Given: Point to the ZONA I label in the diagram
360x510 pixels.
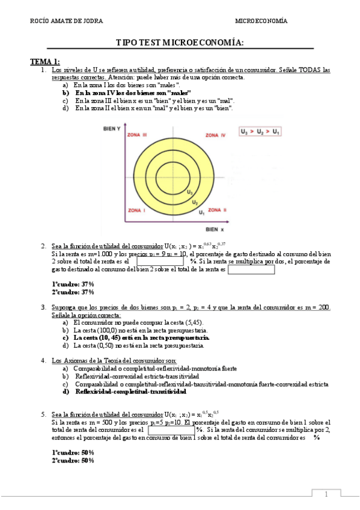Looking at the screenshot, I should point(136,210).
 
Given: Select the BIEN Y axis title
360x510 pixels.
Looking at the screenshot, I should point(112,129).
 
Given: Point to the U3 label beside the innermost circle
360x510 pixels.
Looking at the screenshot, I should point(189,192).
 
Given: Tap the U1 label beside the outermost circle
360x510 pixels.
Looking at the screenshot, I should point(201,213).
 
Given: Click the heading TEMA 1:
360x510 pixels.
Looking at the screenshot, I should point(45,61).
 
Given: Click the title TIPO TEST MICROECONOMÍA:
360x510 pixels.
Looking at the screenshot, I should point(180,42).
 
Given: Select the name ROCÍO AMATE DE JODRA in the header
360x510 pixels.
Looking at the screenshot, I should point(66,21).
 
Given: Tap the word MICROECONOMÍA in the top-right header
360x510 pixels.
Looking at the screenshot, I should point(261,21).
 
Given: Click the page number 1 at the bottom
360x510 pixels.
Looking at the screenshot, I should point(326,494).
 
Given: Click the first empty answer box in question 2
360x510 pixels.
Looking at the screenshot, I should point(162,262).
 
